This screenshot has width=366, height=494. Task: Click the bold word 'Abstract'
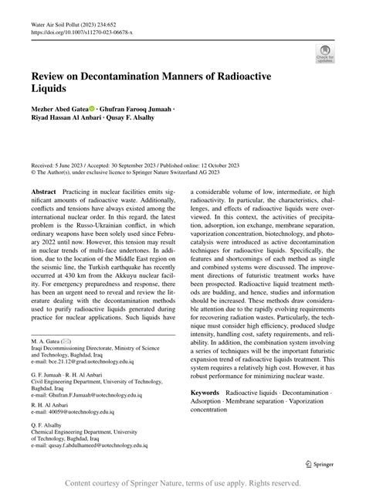click(43, 190)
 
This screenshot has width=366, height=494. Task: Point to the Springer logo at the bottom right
click(319, 464)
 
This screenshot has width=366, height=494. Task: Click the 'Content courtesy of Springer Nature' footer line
click(182, 483)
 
